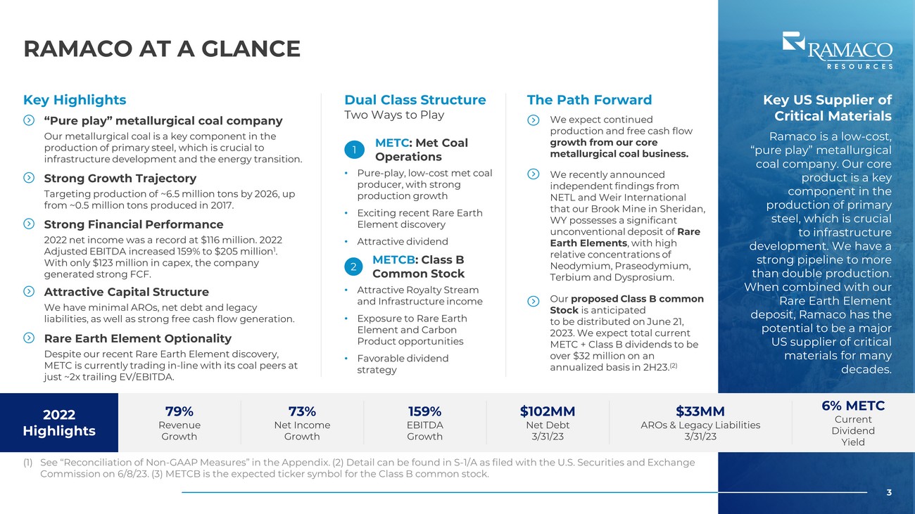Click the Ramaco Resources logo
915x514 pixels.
pyautogui.click(x=837, y=50)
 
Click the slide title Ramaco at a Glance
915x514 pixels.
pyautogui.click(x=162, y=49)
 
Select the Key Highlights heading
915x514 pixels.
pyautogui.click(x=75, y=100)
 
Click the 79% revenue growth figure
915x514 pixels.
pyautogui.click(x=179, y=411)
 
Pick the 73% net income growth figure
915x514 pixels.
pyautogui.click(x=302, y=411)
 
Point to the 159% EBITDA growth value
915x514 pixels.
pyautogui.click(x=424, y=411)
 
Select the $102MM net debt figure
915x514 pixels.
pyautogui.click(x=548, y=411)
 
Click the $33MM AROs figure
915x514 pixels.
pyautogui.click(x=700, y=411)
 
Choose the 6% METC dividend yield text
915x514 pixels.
pyautogui.click(x=853, y=406)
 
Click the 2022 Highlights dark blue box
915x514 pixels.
pyautogui.click(x=59, y=422)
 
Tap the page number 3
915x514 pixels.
pyautogui.click(x=889, y=493)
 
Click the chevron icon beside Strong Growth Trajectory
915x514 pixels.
pyautogui.click(x=29, y=178)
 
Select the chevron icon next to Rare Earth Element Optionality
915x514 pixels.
pyautogui.click(x=29, y=338)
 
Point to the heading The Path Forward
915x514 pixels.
pyautogui.click(x=589, y=100)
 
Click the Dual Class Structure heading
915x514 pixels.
pyautogui.click(x=415, y=100)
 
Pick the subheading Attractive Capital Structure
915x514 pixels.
pyautogui.click(x=126, y=292)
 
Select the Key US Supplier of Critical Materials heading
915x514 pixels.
pyautogui.click(x=827, y=108)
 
